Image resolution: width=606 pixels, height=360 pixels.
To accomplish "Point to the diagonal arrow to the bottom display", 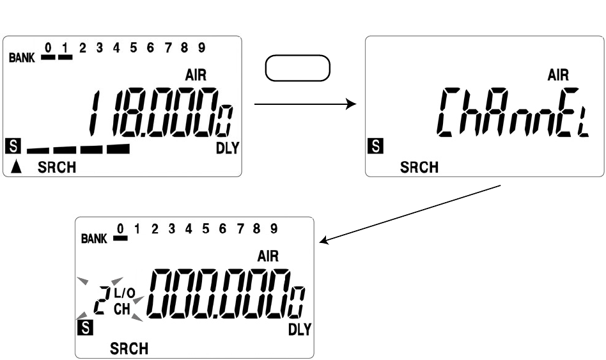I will (x=409, y=214).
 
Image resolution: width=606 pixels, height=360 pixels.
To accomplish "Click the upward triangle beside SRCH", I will (x=17, y=168).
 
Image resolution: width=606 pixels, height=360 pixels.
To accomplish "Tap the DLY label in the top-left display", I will (x=227, y=148).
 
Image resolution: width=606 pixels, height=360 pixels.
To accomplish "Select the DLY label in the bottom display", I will (x=299, y=330).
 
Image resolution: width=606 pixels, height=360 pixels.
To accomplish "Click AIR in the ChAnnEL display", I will (x=559, y=75).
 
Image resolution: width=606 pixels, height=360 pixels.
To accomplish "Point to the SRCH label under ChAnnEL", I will (x=419, y=168).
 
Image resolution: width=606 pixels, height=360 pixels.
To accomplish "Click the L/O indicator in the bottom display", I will (x=125, y=293).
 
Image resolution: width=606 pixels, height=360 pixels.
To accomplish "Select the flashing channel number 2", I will (x=100, y=299).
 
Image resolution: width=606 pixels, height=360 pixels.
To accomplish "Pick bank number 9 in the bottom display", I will (x=274, y=228).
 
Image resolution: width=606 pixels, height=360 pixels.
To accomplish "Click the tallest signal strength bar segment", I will (x=118, y=148).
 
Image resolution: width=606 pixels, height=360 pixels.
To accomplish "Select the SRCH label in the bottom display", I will (x=129, y=348).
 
